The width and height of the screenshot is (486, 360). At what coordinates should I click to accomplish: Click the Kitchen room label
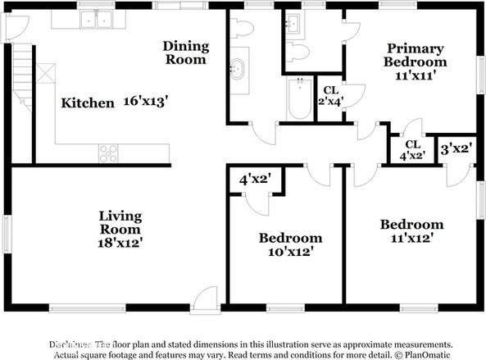[x=88, y=103]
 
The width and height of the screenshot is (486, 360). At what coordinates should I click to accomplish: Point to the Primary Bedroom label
[x=416, y=55]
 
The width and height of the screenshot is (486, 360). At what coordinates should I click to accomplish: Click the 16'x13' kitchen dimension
[x=148, y=103]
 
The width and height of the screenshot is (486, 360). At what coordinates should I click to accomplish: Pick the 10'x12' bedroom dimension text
[x=290, y=252]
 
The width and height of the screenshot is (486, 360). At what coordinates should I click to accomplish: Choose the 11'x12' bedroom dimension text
[x=411, y=238]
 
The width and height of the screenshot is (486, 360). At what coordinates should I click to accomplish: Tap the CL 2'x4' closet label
[x=330, y=96]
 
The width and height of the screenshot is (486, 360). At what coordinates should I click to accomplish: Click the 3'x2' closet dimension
[x=455, y=148]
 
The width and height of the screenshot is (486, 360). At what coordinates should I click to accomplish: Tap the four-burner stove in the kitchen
[x=107, y=153]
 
